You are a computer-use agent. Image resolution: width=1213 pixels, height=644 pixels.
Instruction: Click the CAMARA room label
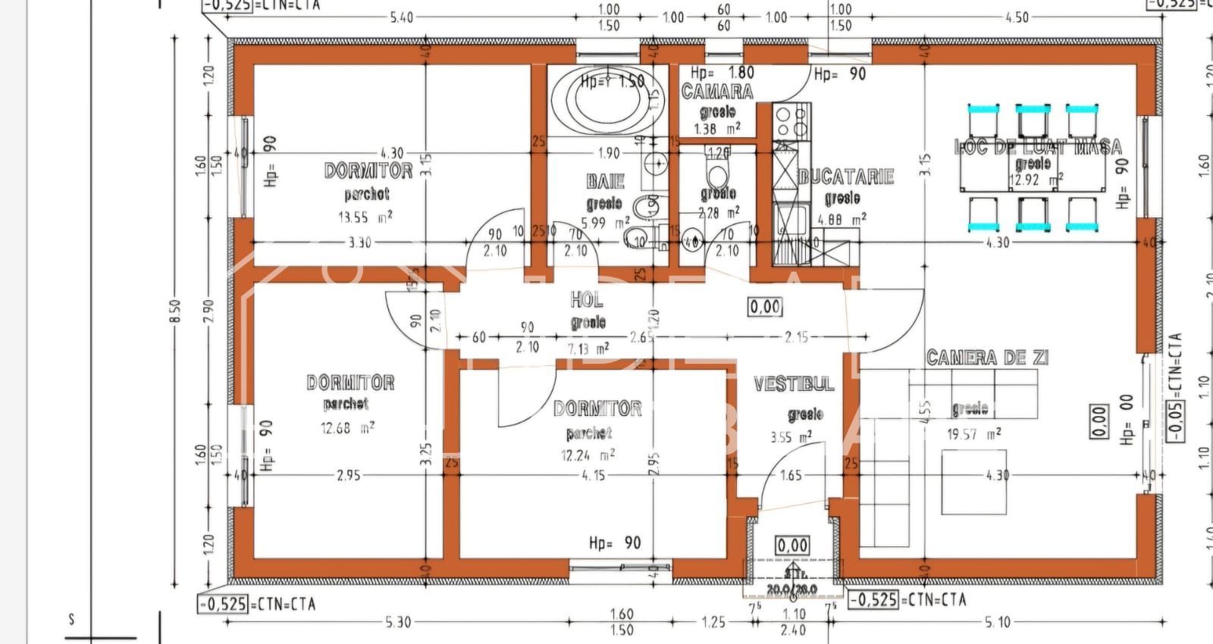(717, 92)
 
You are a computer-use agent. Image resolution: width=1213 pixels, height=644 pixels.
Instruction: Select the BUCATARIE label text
(846, 177)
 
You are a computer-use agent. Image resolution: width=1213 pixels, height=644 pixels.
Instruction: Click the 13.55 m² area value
(365, 217)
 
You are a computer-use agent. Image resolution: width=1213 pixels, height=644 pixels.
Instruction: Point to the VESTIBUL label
(794, 384)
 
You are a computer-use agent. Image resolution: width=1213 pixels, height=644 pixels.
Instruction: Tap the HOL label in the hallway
(587, 300)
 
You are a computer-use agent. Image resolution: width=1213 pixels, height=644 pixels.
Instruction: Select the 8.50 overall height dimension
(175, 311)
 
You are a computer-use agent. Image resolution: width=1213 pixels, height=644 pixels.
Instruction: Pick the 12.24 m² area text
(587, 455)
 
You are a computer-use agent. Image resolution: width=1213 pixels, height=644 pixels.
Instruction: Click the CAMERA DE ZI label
(987, 358)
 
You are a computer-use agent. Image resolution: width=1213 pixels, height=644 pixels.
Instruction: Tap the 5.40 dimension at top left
(402, 17)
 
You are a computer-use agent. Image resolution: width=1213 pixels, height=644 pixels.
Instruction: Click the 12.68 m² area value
(346, 428)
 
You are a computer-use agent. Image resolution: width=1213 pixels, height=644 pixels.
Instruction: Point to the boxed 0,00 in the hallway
(765, 307)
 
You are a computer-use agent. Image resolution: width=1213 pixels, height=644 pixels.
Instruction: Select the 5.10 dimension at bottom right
(998, 622)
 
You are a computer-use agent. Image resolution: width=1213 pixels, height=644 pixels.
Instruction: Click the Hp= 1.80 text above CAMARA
(722, 73)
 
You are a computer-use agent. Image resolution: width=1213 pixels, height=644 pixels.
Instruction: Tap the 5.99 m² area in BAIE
(604, 224)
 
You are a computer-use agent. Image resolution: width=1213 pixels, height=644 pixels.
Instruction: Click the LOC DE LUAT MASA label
(1037, 147)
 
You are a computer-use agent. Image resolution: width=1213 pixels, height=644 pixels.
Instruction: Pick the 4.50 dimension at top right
(1016, 17)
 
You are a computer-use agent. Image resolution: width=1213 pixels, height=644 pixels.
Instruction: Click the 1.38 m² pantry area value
(716, 129)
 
